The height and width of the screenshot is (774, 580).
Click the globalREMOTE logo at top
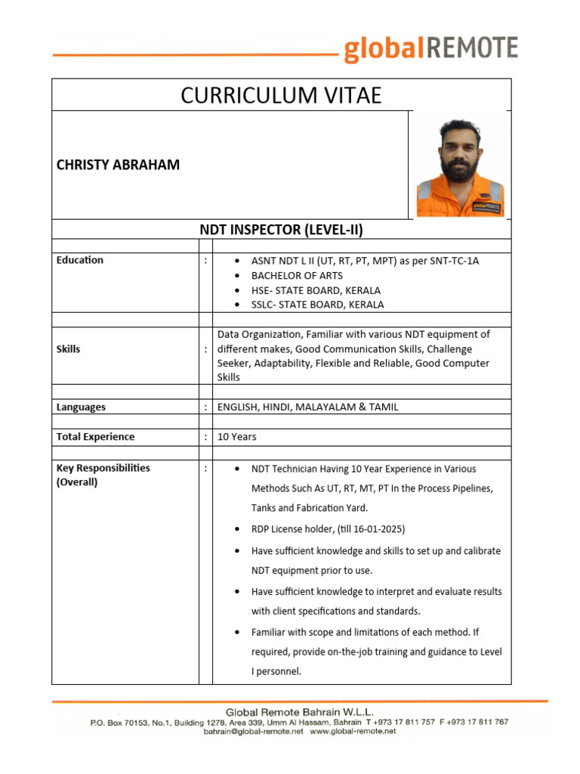[430, 49]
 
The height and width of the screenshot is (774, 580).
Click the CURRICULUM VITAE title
[281, 95]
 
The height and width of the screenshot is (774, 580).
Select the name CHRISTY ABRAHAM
[118, 165]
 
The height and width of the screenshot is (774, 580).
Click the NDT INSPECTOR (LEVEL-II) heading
[281, 230]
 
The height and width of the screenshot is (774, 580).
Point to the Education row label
[80, 260]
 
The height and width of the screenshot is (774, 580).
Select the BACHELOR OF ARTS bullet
[297, 275]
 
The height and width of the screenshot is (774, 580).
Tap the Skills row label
[69, 349]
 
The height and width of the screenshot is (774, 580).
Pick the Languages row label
[81, 407]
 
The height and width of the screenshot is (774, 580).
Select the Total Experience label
[95, 437]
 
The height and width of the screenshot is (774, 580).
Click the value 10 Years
[236, 437]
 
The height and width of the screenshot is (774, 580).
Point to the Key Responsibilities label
[103, 468]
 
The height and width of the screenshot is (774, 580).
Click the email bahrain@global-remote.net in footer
[253, 732]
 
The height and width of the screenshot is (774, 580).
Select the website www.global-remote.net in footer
[353, 732]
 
